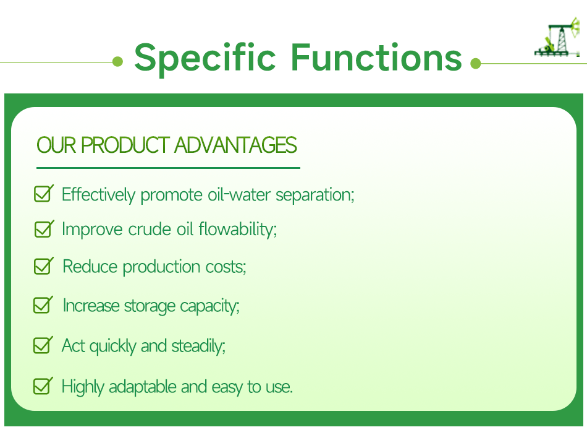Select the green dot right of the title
[475, 63]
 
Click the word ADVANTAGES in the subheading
[235, 145]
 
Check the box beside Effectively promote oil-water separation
[43, 194]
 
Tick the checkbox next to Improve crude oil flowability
[43, 229]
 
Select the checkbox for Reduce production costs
[43, 267]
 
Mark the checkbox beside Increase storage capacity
[43, 306]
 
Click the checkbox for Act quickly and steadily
[43, 345]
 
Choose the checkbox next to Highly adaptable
[43, 387]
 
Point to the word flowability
[238, 230]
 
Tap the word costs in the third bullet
[226, 267]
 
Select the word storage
[150, 306]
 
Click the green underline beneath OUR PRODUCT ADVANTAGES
[168, 168]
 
